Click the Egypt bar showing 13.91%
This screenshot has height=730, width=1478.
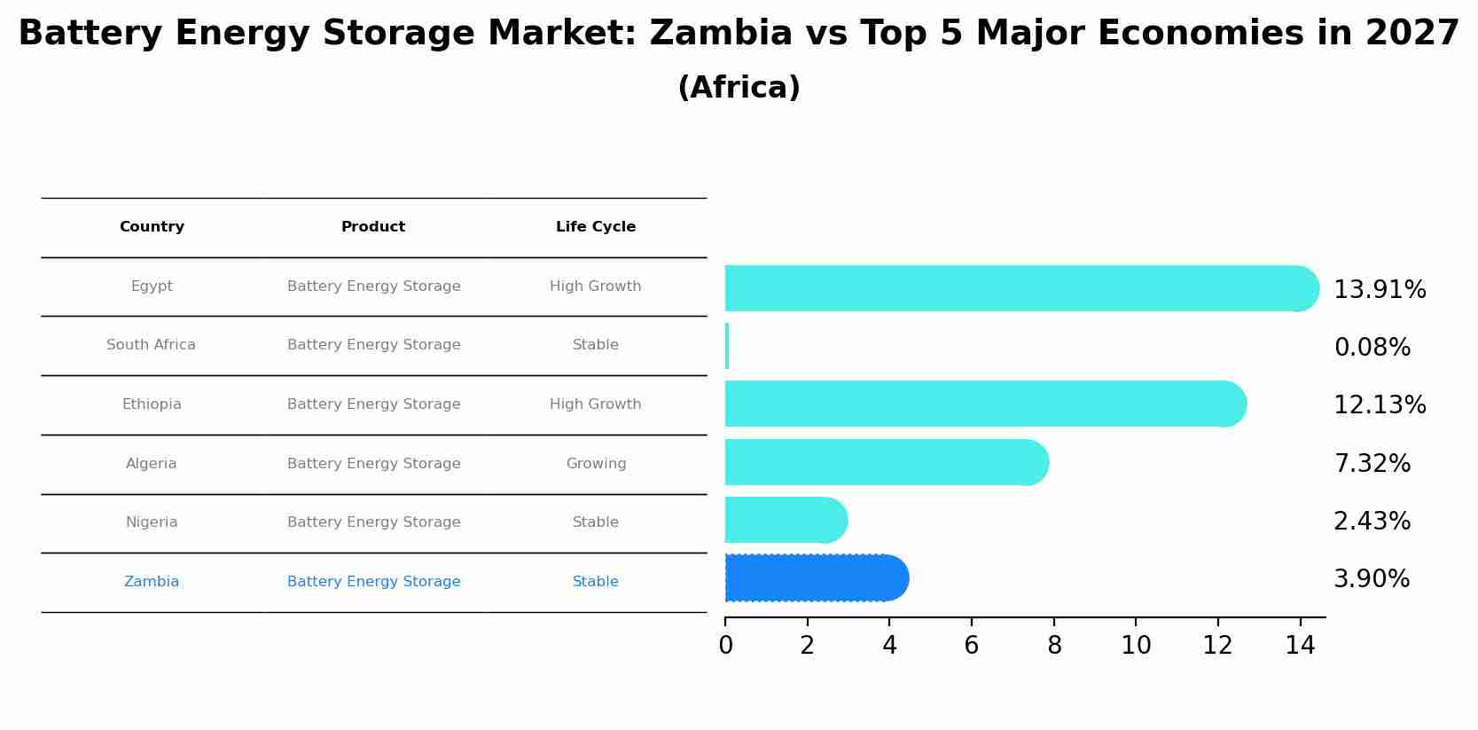click(1020, 288)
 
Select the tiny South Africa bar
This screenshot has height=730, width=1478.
click(727, 346)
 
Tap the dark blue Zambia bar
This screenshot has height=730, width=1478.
click(816, 578)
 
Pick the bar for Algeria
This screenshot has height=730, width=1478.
click(887, 462)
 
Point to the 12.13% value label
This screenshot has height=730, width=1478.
click(1380, 405)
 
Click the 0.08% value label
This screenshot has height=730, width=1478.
click(1372, 348)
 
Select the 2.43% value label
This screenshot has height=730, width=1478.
click(1372, 522)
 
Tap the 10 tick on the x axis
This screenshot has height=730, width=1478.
click(1136, 646)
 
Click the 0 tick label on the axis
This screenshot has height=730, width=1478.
click(725, 646)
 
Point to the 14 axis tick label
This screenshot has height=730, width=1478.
click(1300, 646)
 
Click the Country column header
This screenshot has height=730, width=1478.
click(152, 227)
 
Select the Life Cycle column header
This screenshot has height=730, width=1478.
click(596, 227)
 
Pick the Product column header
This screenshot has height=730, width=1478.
click(373, 227)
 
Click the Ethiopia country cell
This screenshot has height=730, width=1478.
click(152, 404)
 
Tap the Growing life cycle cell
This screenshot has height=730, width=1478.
click(596, 464)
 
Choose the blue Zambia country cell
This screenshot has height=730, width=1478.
click(152, 582)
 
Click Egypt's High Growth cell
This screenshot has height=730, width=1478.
click(596, 287)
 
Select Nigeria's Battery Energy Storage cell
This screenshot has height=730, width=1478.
click(373, 522)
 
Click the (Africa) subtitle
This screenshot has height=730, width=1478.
click(739, 88)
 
